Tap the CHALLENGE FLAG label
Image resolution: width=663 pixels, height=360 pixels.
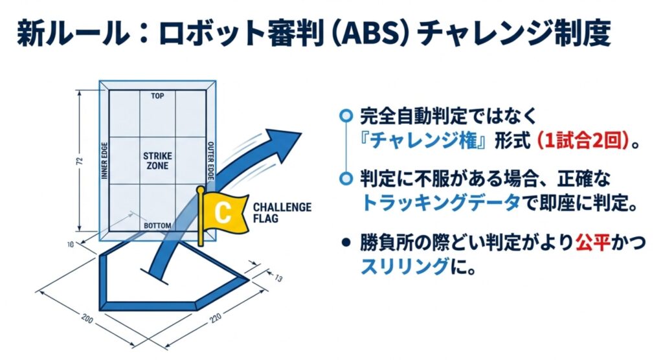point(282,212)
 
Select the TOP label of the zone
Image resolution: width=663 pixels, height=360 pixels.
point(157,96)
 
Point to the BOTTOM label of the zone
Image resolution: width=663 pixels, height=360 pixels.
point(157,226)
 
